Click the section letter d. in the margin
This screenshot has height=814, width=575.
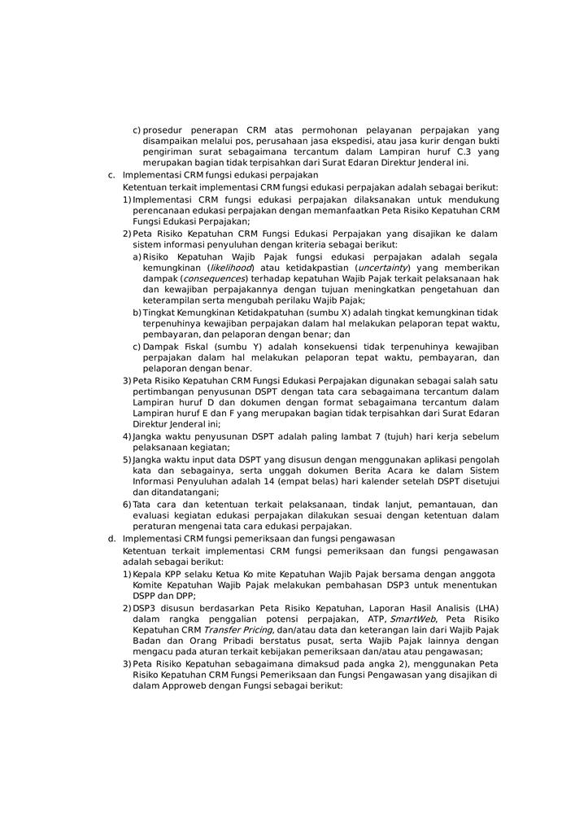point(111,538)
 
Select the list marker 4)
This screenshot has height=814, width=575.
point(127,436)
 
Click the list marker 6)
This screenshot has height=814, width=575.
point(127,505)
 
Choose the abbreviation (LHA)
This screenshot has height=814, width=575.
point(483,607)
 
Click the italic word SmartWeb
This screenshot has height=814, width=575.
point(412,619)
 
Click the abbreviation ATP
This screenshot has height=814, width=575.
point(372,619)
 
